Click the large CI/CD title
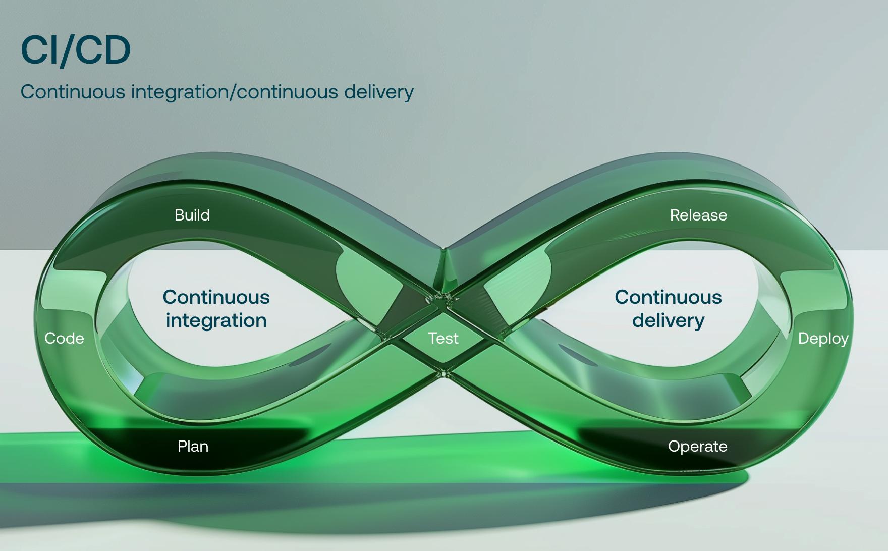coord(76,50)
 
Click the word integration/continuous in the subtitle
coord(234,92)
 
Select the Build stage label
coord(192,215)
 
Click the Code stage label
coord(64,339)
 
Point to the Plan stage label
coord(193,447)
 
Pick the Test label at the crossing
coord(443,339)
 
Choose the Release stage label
coord(698,215)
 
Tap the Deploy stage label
coord(823,339)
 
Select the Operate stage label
coord(697,447)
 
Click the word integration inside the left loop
coord(216,321)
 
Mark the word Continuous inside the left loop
coord(216,297)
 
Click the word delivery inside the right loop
coord(668,321)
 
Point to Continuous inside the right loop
coord(668,297)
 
